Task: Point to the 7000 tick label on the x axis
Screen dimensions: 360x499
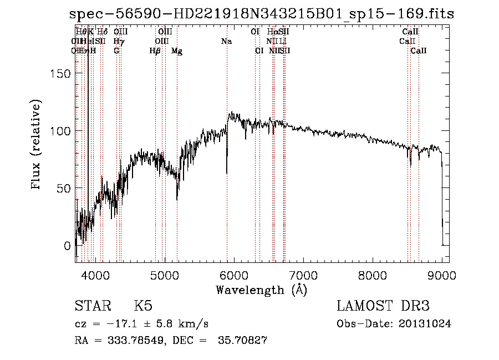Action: [x=303, y=276]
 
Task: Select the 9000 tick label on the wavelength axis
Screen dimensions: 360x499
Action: [x=442, y=276]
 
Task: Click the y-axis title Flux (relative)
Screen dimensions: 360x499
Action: [x=37, y=145]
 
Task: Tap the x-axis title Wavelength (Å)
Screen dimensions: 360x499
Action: [x=261, y=290]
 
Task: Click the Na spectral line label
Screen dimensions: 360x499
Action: [x=226, y=42]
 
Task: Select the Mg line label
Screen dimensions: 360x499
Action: [x=177, y=51]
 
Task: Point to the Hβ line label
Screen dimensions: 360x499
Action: [x=155, y=51]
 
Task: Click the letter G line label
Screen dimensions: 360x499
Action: [x=116, y=51]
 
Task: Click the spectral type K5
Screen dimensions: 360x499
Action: [x=143, y=306]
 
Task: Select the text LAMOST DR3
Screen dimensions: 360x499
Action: [x=383, y=306]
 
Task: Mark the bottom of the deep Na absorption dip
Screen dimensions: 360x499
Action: [x=227, y=173]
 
